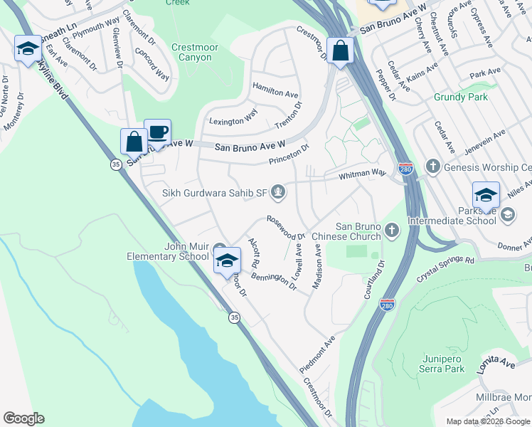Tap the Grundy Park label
[461, 96]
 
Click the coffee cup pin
[157, 133]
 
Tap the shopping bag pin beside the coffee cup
[134, 142]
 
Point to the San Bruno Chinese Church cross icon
[392, 230]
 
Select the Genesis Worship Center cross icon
[432, 167]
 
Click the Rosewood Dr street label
[286, 227]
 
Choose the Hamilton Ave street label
[276, 93]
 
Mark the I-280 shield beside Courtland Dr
[387, 305]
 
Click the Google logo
[23, 418]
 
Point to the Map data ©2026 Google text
[487, 421]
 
